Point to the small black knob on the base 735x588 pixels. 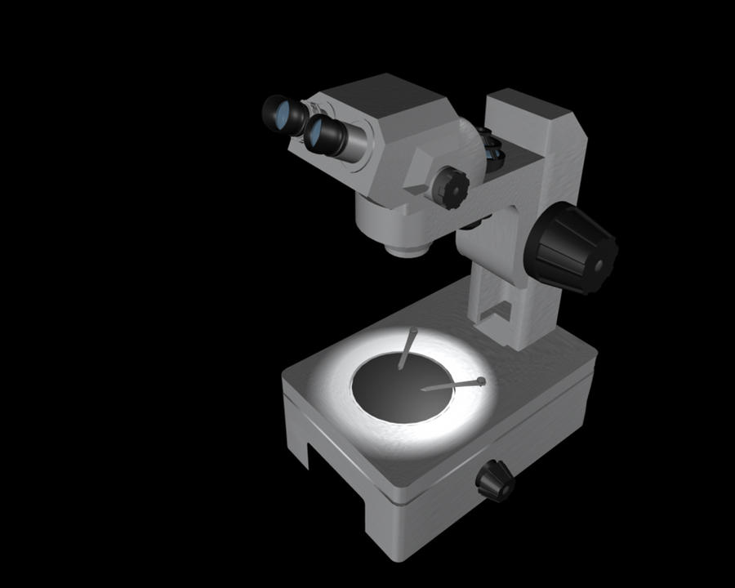coord(495,479)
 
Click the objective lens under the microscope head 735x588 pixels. coord(404,248)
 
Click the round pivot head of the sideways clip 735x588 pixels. coord(481,381)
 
